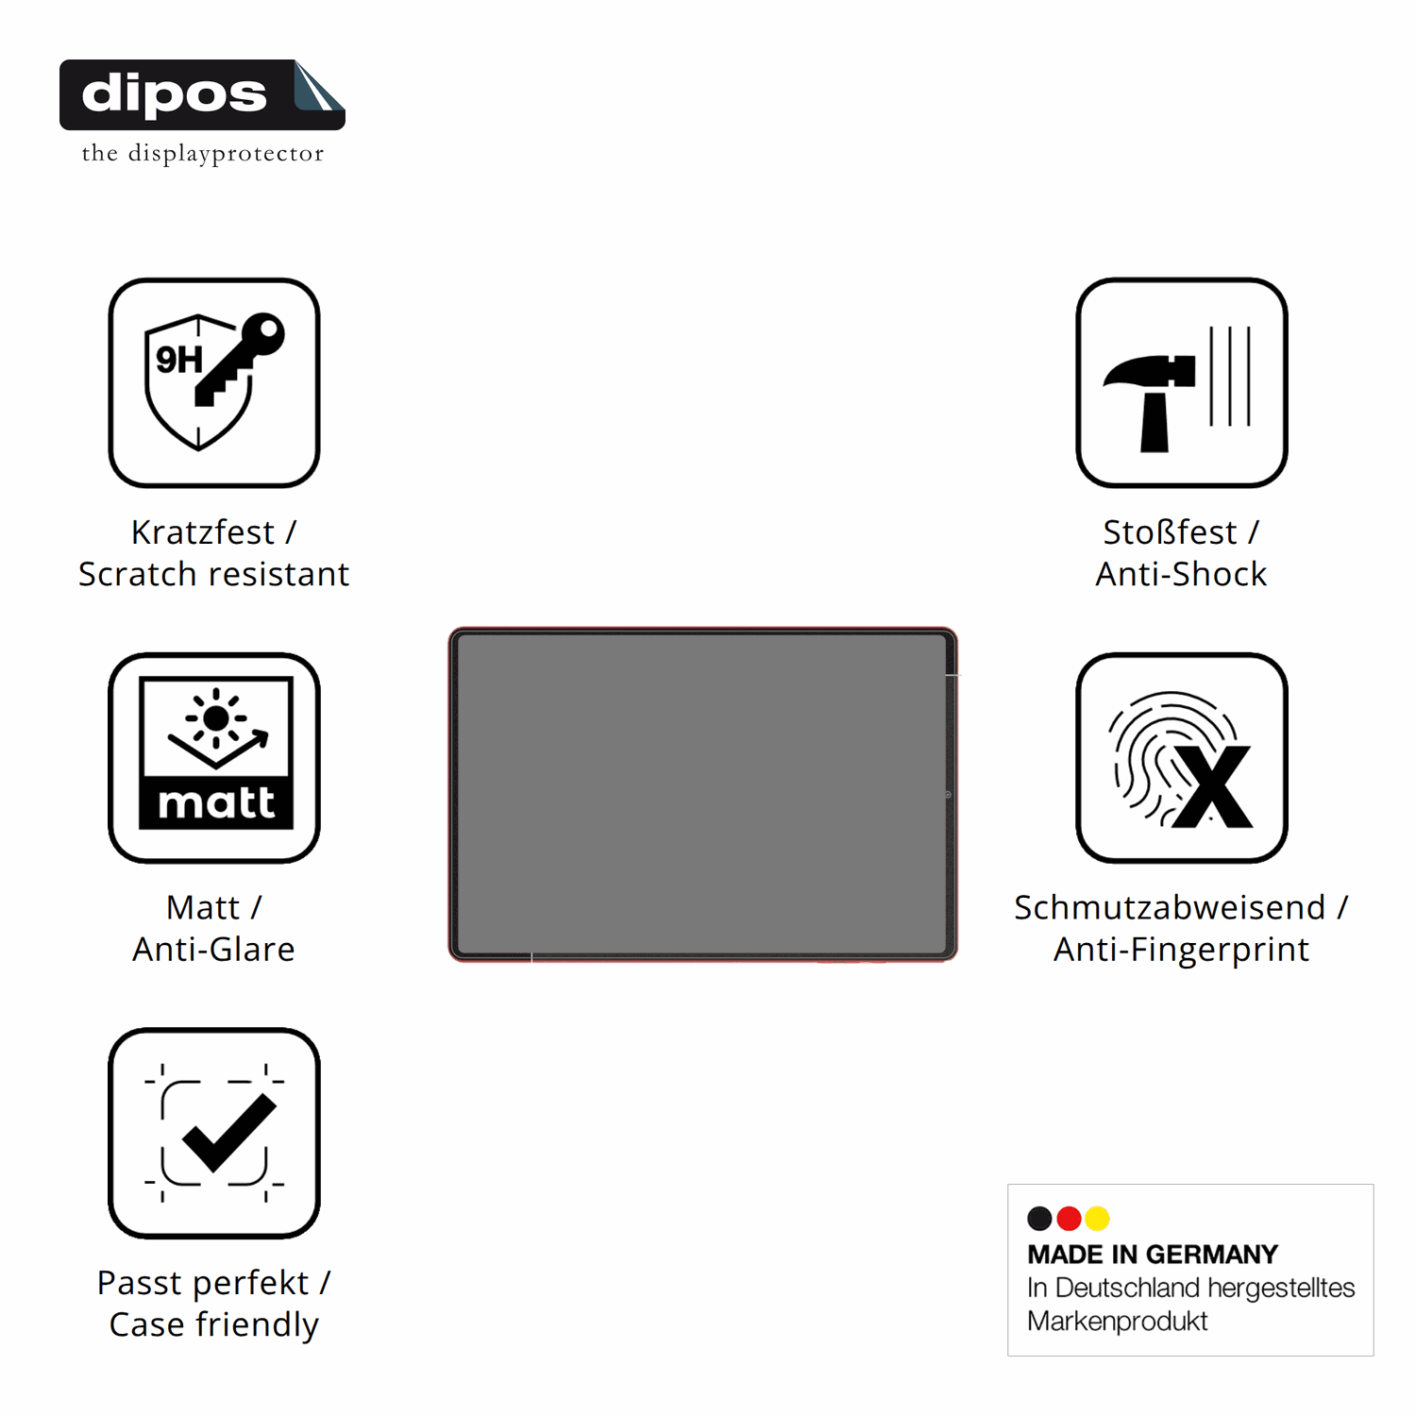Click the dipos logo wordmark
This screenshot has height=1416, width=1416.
click(x=175, y=94)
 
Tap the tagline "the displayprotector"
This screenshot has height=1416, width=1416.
click(x=203, y=153)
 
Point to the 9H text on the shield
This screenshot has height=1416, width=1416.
click(x=179, y=360)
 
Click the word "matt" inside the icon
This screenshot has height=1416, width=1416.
click(x=216, y=803)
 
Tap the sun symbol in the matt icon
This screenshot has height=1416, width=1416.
click(x=216, y=718)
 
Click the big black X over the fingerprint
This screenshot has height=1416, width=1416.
click(x=1213, y=787)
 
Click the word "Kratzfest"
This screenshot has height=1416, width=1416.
click(x=203, y=532)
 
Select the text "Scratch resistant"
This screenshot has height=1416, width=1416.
click(x=214, y=574)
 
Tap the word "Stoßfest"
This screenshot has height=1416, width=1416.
click(x=1170, y=532)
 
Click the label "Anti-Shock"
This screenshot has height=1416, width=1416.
click(x=1181, y=574)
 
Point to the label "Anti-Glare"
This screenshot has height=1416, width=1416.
click(x=214, y=949)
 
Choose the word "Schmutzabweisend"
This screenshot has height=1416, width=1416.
click(x=1170, y=907)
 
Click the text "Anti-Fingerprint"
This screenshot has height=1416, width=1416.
click(x=1181, y=950)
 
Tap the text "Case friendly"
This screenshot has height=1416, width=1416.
click(x=214, y=1324)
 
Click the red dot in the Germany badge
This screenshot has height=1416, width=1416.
click(x=1069, y=1219)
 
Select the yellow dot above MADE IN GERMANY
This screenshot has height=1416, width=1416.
click(x=1097, y=1219)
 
